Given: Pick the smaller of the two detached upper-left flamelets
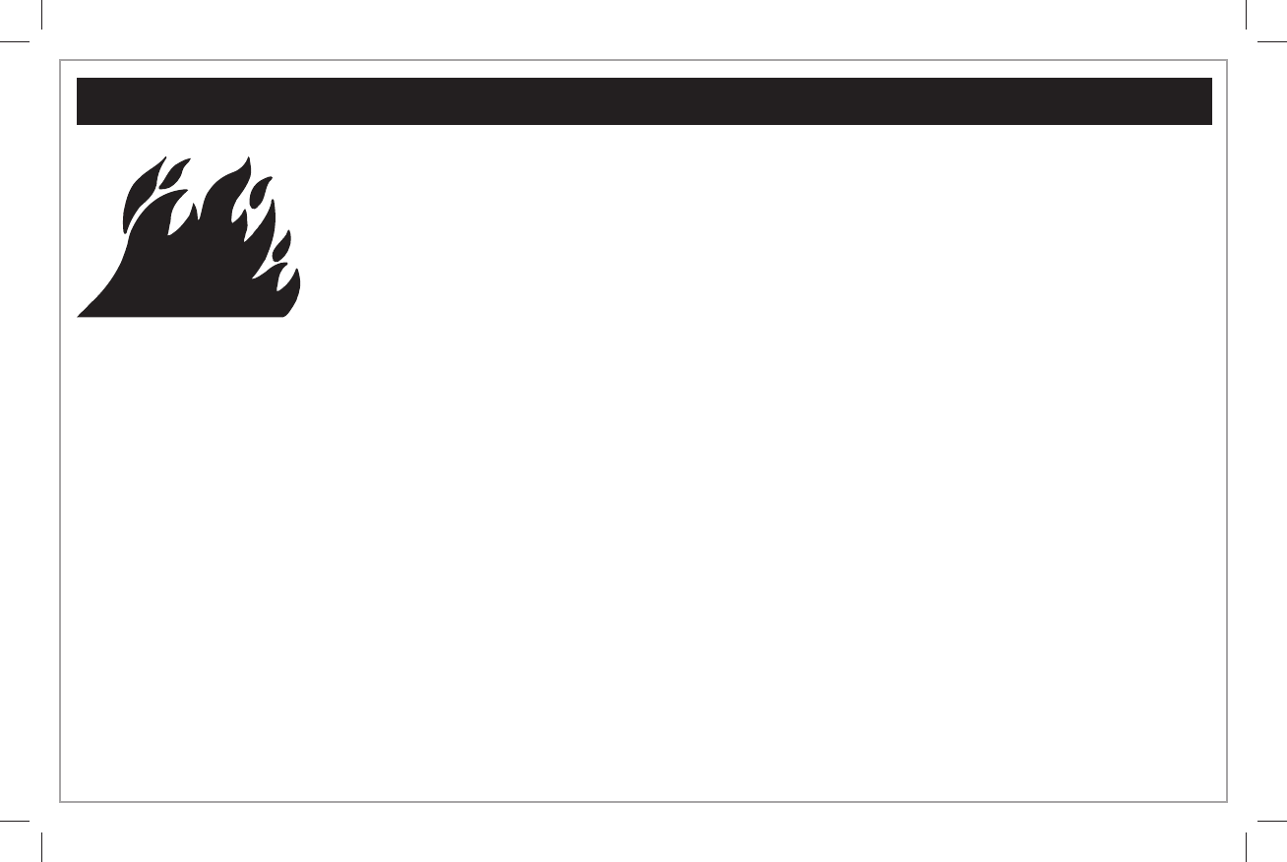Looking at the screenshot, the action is (x=175, y=174).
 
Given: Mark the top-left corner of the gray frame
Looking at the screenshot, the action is (x=61, y=61).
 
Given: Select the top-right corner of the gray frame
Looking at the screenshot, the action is (x=1226, y=61).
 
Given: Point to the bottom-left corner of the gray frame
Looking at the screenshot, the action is (x=61, y=801).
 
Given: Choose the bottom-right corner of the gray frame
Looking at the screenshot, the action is (x=1226, y=801).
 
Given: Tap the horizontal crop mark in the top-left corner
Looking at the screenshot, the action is (x=14, y=41).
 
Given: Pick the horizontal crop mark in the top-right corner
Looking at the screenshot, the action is (x=1273, y=41).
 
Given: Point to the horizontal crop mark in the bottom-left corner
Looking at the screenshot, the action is (x=14, y=821).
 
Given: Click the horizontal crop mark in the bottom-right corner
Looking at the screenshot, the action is (x=1273, y=821).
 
